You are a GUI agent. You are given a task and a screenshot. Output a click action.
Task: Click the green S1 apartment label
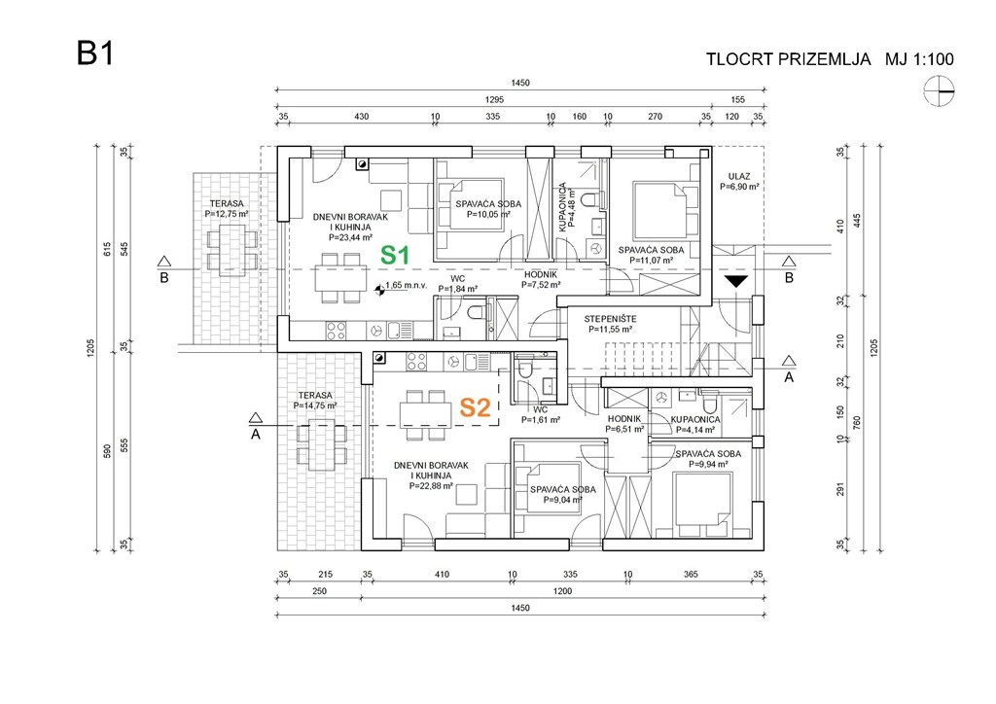393,256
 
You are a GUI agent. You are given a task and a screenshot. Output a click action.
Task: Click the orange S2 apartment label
474,407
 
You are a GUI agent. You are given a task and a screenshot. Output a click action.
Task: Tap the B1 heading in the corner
95,54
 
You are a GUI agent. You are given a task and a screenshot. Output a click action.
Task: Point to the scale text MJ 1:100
919,59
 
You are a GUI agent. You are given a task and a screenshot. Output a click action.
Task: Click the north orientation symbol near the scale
940,91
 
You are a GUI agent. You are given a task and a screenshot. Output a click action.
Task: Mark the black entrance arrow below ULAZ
737,281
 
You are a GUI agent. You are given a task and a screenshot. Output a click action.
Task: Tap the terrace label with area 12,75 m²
228,207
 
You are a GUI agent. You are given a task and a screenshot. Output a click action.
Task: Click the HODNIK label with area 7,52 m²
541,280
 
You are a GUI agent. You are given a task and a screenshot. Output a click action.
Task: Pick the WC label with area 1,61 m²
541,415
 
